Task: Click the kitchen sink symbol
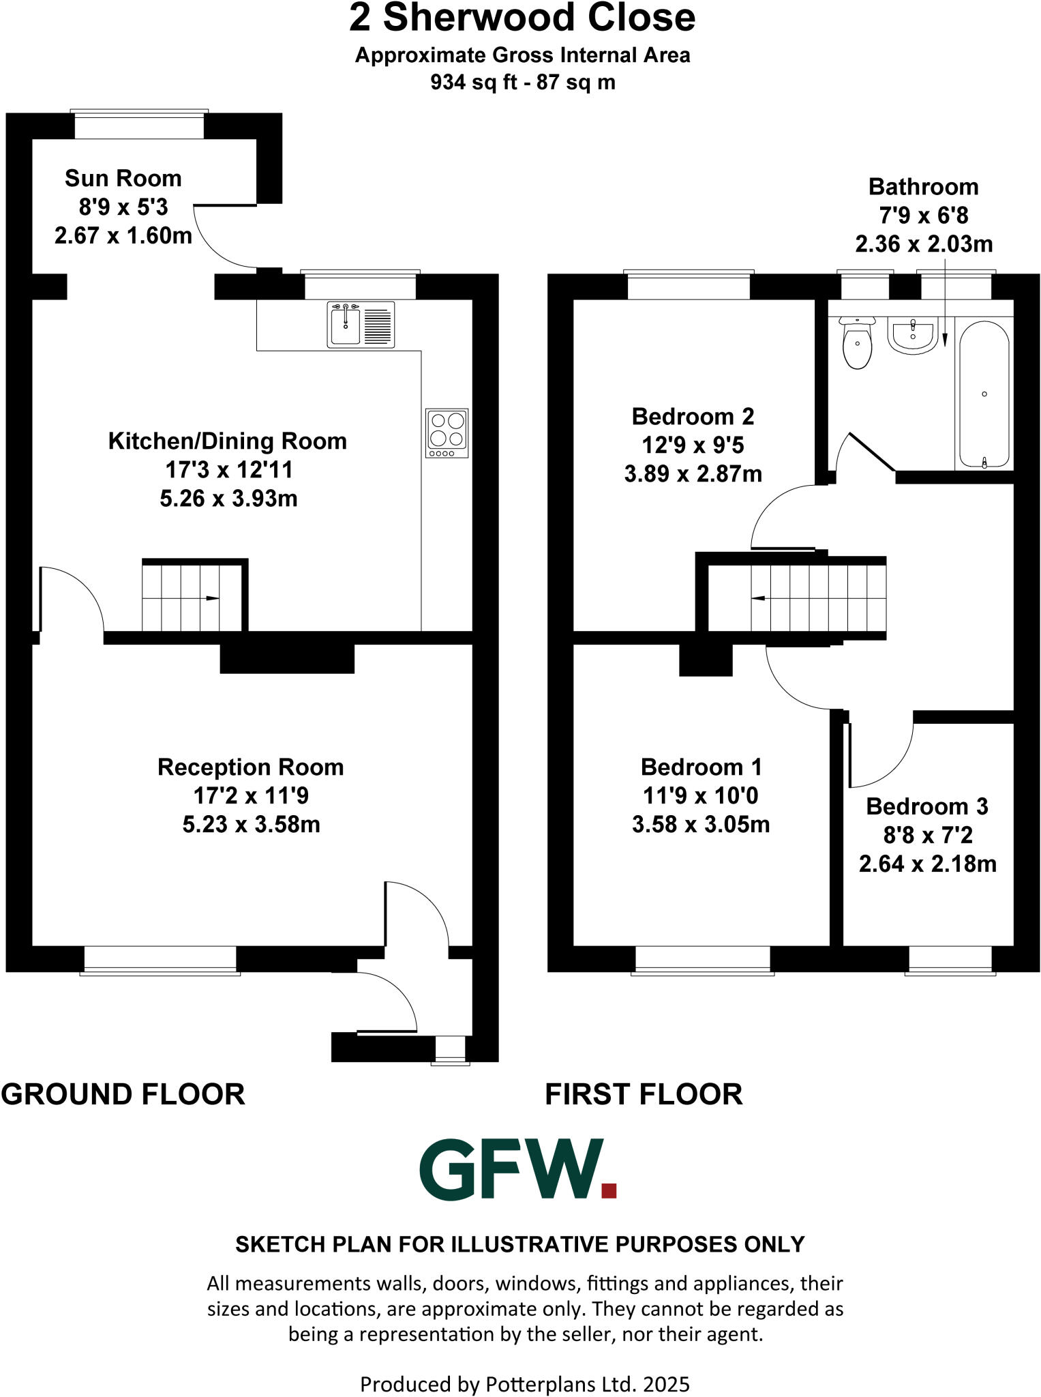coord(361,325)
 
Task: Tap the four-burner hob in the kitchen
coord(447,432)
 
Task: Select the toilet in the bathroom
coord(857,343)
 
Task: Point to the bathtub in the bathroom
coord(984,394)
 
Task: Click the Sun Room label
coord(123,179)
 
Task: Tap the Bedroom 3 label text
coord(926,806)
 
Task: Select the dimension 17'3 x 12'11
coord(228,469)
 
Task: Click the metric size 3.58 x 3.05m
coord(700,824)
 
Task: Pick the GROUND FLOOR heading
coord(123,1094)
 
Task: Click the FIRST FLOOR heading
coord(643,1094)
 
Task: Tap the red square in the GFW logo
coord(609,1191)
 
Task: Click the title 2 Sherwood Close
coord(522,18)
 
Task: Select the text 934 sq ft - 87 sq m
coord(522,83)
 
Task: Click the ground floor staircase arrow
coord(211,598)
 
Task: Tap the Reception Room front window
coord(160,960)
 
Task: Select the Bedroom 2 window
coord(689,286)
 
